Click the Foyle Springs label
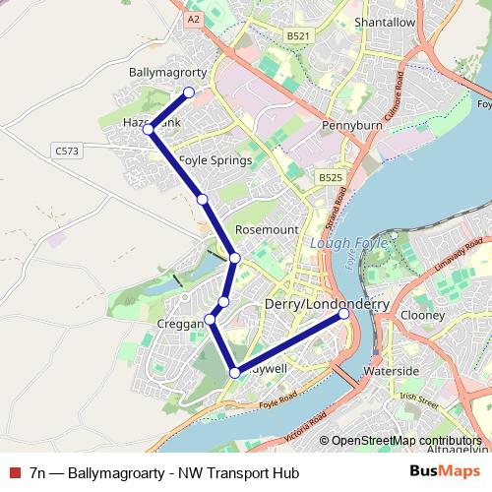click(x=215, y=159)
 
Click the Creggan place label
click(x=180, y=324)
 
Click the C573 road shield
click(x=67, y=151)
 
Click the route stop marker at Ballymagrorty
click(x=189, y=92)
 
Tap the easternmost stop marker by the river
click(x=344, y=315)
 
